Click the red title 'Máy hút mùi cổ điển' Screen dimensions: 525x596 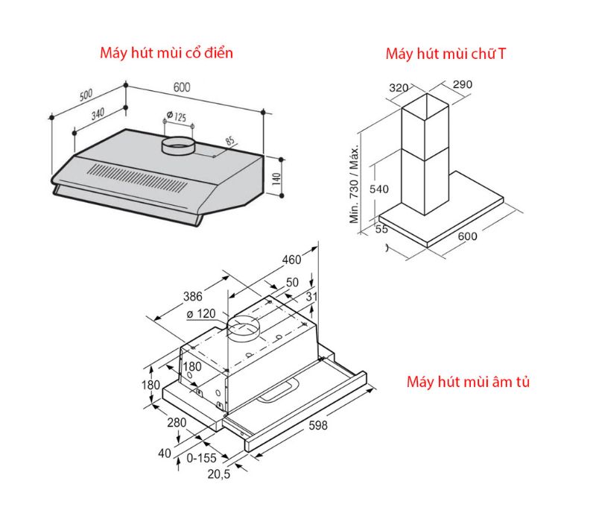click(167, 53)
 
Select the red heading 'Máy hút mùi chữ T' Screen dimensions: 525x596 click(448, 54)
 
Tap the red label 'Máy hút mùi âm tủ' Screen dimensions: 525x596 click(468, 383)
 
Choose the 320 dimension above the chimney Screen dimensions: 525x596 click(399, 88)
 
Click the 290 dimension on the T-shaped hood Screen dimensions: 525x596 click(462, 85)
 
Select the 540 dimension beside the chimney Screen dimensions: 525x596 click(379, 189)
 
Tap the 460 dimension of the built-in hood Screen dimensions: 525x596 click(291, 260)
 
